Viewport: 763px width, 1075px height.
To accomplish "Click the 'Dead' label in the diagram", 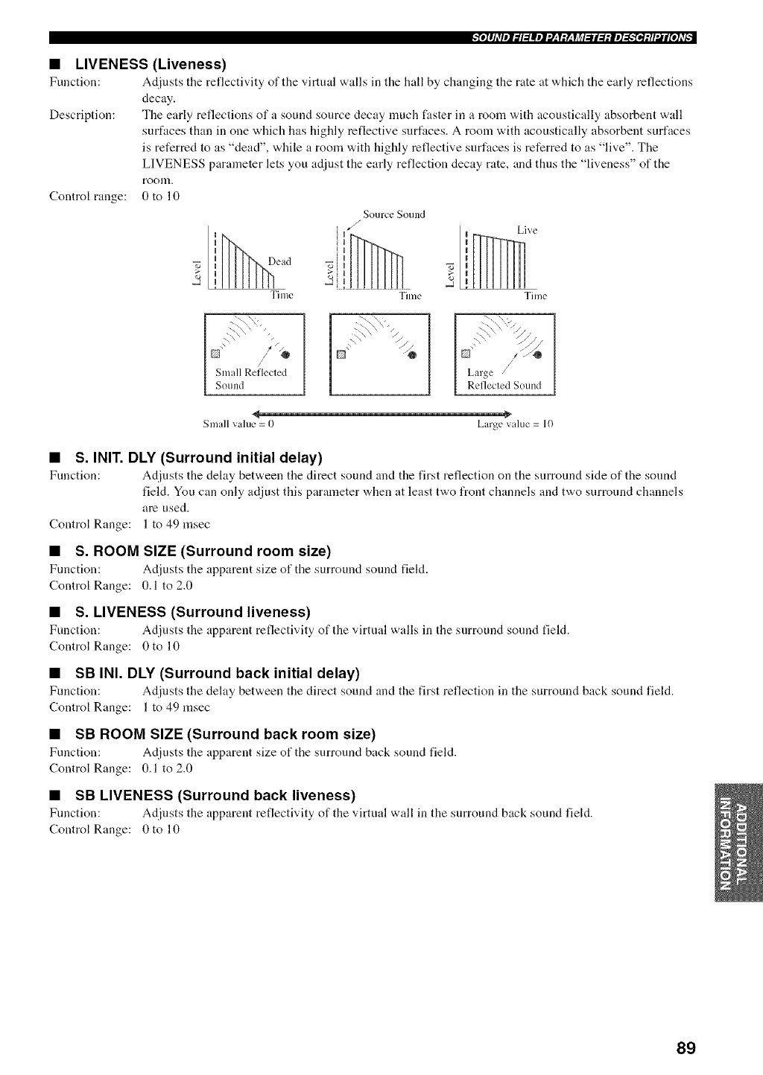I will [x=279, y=261].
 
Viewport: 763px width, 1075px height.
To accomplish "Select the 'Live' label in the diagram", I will [x=527, y=231].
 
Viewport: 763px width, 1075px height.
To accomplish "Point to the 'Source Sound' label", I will [x=393, y=215].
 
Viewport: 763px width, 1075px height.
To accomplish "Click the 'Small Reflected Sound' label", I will [x=250, y=379].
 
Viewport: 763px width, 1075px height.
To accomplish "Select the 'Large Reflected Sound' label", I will [x=504, y=379].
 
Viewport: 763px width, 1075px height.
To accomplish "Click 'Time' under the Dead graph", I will [x=282, y=296].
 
